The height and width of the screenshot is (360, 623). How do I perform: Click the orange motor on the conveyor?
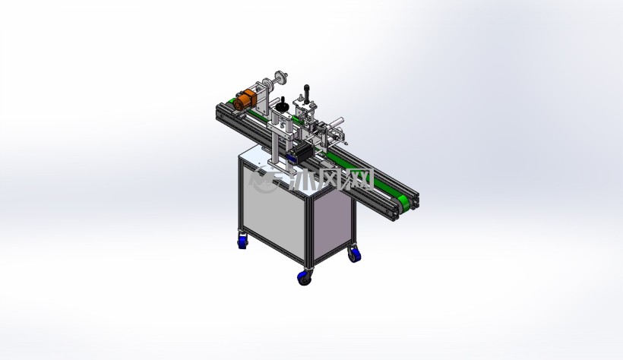tap(245, 100)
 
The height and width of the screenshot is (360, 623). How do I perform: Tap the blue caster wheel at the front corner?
tap(305, 277)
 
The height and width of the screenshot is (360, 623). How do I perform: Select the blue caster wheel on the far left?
tap(242, 242)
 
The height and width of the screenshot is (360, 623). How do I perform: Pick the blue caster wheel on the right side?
tap(354, 254)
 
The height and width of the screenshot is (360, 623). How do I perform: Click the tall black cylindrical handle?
tap(306, 92)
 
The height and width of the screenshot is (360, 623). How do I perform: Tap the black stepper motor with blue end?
tap(301, 152)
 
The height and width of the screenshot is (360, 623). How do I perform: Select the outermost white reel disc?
tap(281, 77)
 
